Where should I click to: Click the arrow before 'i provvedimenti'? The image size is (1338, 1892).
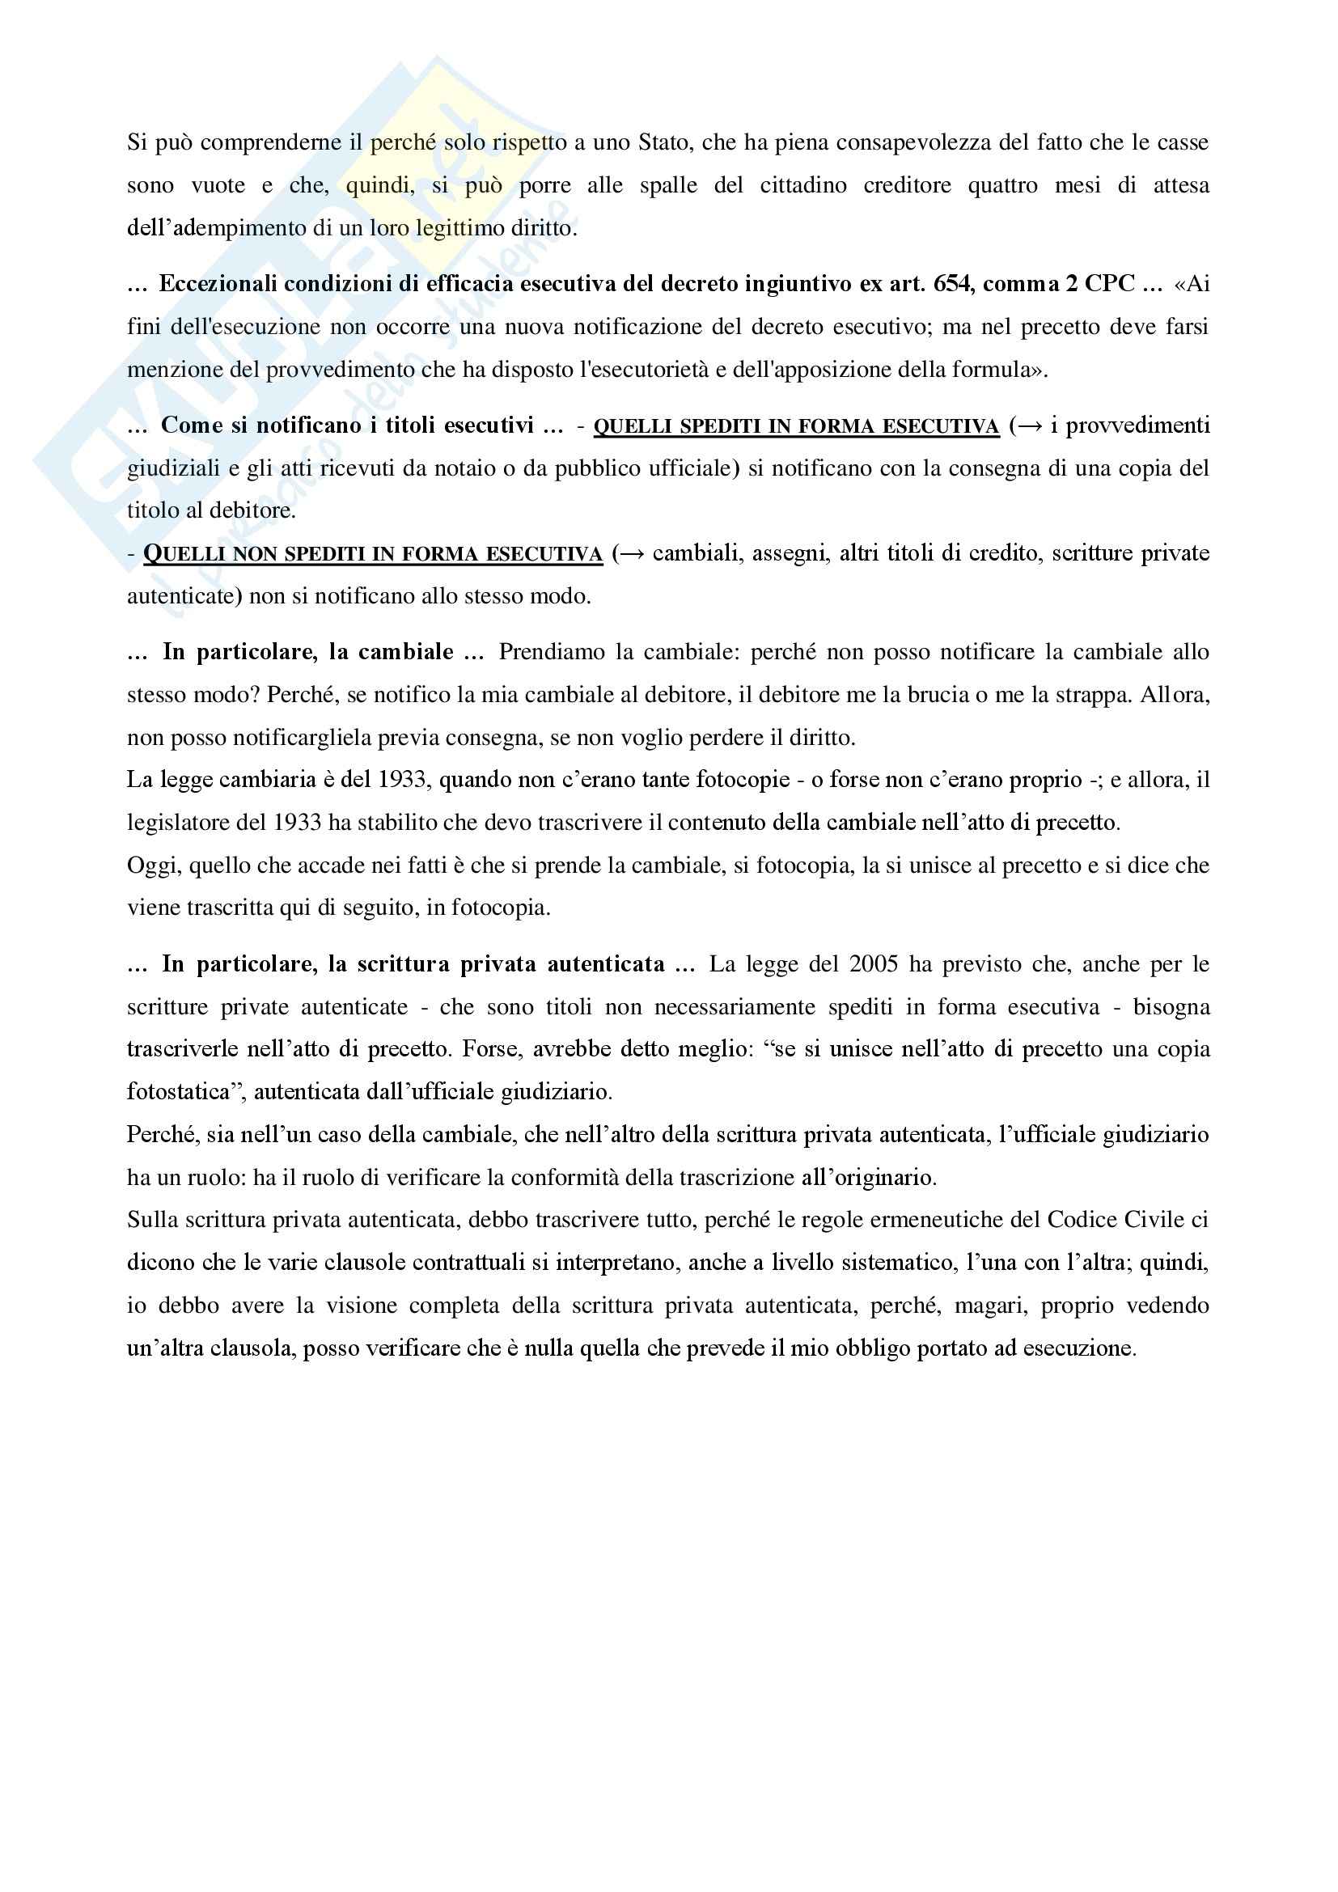point(1030,426)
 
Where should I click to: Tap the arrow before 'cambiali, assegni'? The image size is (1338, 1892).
point(632,553)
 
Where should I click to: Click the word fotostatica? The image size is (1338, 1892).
point(177,1092)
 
